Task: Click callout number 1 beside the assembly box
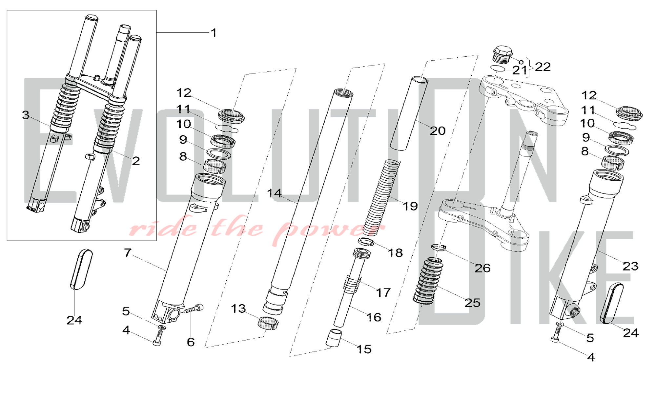click(x=214, y=33)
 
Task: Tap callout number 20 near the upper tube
click(x=438, y=131)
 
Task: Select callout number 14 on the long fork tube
click(x=274, y=193)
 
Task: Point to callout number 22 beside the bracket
click(x=543, y=67)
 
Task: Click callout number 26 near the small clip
click(x=482, y=268)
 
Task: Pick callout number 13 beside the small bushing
click(x=238, y=309)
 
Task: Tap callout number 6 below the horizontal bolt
click(x=191, y=342)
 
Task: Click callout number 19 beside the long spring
click(x=410, y=206)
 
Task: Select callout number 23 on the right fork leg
click(x=630, y=266)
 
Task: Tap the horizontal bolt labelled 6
click(x=194, y=309)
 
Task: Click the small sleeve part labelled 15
click(x=334, y=338)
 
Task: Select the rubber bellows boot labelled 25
click(x=428, y=281)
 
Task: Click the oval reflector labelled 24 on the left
click(x=82, y=270)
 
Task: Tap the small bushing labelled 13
click(x=268, y=324)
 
